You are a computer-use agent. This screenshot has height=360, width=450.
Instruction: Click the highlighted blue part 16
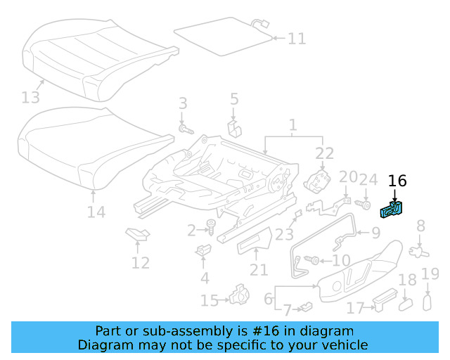[391, 210]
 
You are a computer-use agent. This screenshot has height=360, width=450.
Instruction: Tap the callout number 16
[397, 181]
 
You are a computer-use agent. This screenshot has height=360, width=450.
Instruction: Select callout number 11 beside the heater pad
[297, 38]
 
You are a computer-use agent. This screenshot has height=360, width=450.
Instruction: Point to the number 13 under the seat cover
[32, 96]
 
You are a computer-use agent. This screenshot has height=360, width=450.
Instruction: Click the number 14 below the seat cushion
[96, 212]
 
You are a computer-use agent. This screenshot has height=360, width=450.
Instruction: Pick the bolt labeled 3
[186, 129]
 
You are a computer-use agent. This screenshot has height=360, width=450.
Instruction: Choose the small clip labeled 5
[235, 129]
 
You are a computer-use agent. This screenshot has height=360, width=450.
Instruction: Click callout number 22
[323, 153]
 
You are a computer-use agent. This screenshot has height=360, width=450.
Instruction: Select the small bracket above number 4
[205, 250]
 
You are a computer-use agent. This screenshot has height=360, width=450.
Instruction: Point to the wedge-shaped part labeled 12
[135, 233]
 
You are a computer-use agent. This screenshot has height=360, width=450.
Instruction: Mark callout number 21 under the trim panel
[258, 270]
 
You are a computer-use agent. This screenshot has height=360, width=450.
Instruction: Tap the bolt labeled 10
[314, 261]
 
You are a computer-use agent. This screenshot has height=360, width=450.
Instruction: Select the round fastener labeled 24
[365, 204]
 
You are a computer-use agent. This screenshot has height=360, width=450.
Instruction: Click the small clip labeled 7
[306, 307]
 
